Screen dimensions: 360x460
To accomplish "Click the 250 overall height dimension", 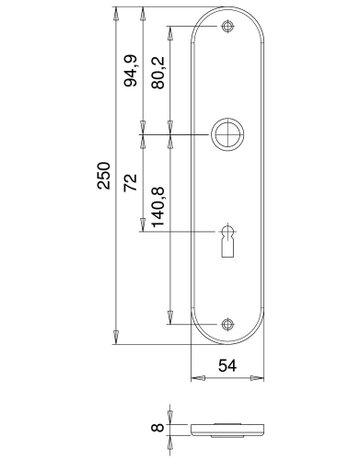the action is click(104, 176).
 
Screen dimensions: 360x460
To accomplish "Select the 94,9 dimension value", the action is click(130, 71).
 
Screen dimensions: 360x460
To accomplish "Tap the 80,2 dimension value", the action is click(158, 73).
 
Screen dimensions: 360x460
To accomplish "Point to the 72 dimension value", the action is click(130, 182).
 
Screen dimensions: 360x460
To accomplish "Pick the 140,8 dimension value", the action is click(158, 207).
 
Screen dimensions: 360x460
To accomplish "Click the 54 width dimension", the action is click(227, 366).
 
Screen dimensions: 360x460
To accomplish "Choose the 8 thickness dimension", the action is click(158, 427).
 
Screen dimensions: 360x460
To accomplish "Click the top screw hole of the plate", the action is click(228, 27).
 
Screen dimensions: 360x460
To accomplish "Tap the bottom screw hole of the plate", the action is click(228, 324).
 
